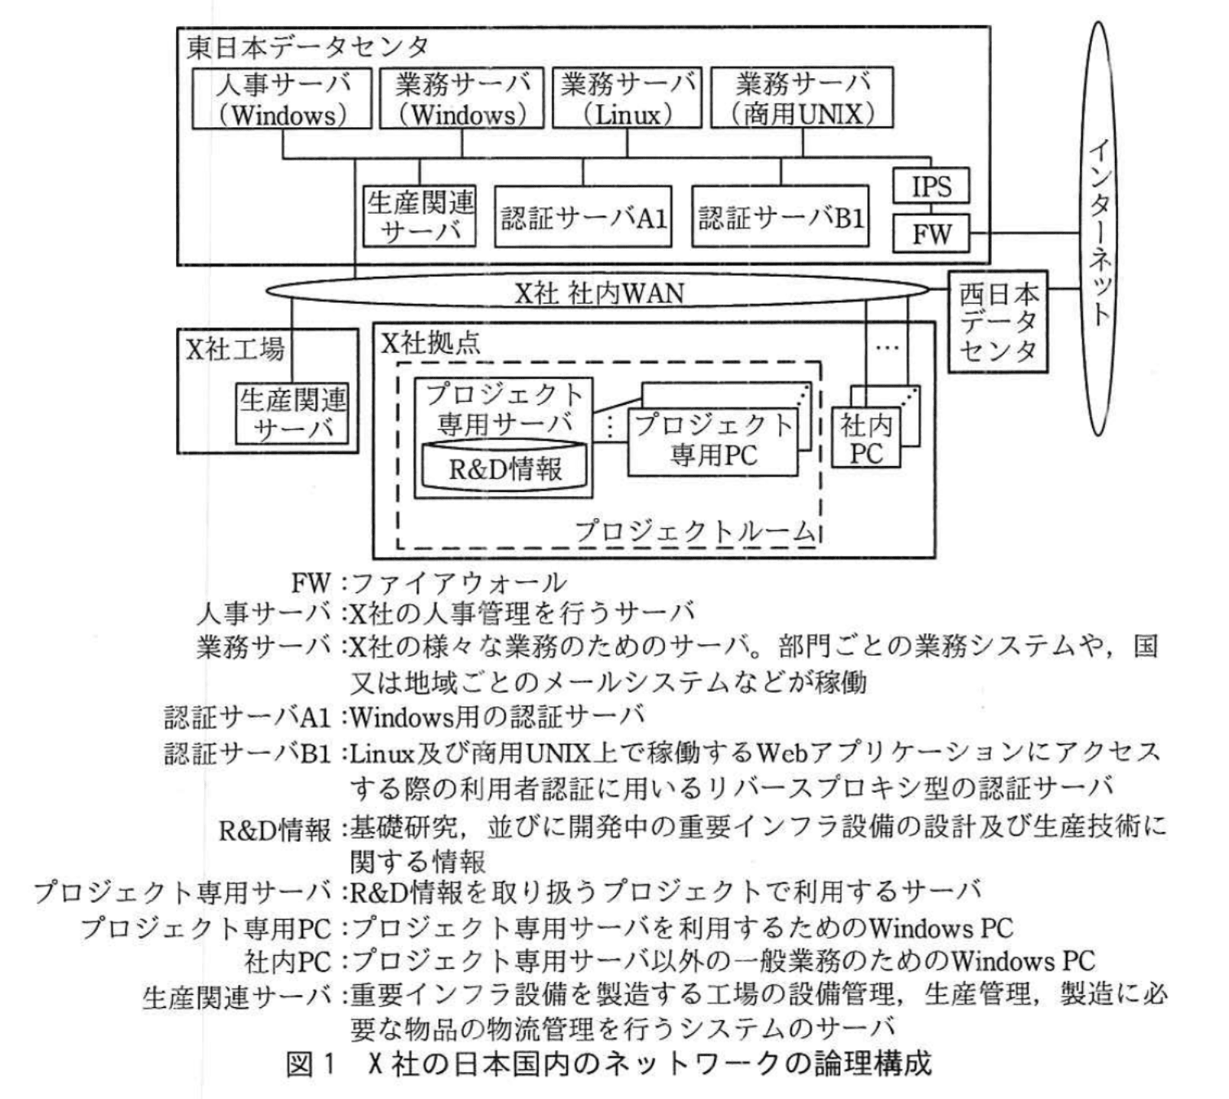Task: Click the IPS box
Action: tap(931, 186)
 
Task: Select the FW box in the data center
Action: tap(931, 233)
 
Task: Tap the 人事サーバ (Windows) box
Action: tap(282, 98)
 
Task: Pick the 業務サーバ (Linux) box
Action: tap(627, 98)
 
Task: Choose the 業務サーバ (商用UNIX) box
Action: tap(803, 98)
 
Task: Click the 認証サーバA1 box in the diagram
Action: tap(583, 217)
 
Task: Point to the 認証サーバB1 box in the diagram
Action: tap(781, 217)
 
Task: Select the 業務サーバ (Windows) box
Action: tap(461, 98)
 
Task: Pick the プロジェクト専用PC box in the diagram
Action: tap(712, 441)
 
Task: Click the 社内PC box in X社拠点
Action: tap(866, 439)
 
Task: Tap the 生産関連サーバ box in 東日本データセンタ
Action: tap(420, 217)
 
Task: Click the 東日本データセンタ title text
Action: tap(308, 47)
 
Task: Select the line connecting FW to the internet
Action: tap(1025, 232)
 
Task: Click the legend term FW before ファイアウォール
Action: tap(311, 584)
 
